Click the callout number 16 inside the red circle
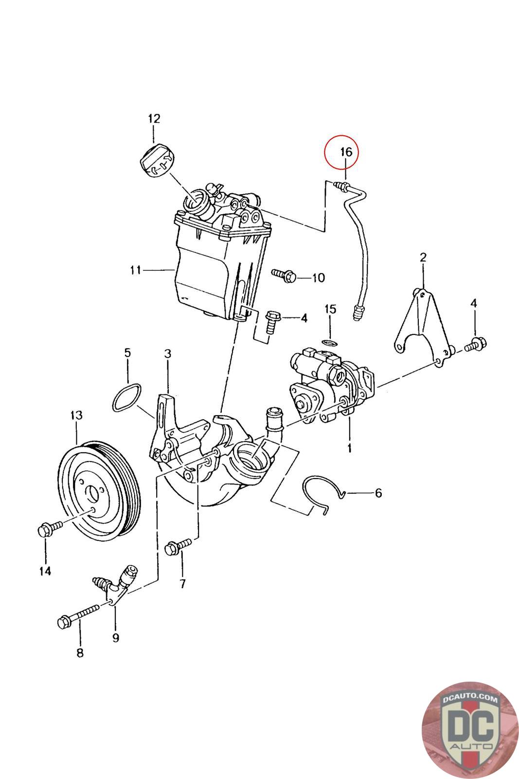pyautogui.click(x=346, y=152)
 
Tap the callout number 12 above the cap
pyautogui.click(x=154, y=119)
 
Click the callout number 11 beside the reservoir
pyautogui.click(x=136, y=270)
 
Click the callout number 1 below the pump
pyautogui.click(x=349, y=447)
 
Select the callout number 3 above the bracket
pyautogui.click(x=168, y=354)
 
